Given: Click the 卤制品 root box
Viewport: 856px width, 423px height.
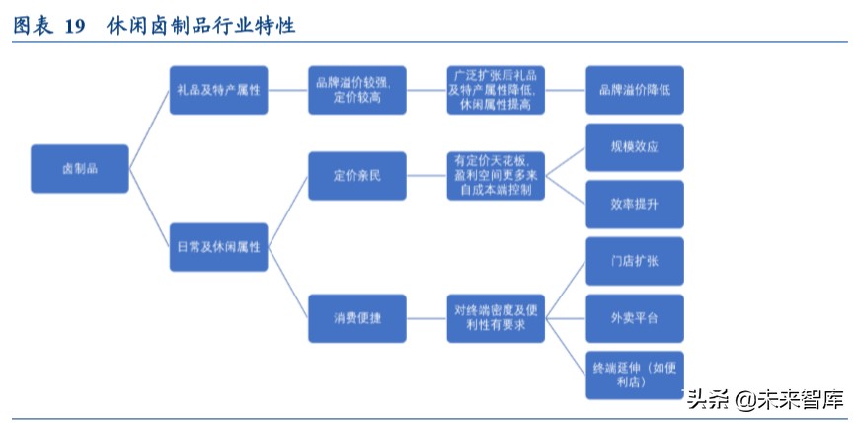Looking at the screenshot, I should [x=79, y=168].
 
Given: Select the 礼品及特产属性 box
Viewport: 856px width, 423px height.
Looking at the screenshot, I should [x=218, y=90].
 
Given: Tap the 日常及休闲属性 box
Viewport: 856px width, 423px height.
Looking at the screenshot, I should [x=218, y=246].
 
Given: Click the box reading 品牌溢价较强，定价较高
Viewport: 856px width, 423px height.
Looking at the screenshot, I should [x=356, y=90].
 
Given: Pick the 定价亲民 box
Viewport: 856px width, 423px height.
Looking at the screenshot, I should [x=356, y=176].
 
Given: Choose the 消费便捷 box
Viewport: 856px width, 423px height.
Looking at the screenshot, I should [x=356, y=318].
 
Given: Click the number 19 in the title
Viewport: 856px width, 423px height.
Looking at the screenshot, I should [x=77, y=27].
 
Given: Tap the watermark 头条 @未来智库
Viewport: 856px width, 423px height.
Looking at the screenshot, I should [x=764, y=399].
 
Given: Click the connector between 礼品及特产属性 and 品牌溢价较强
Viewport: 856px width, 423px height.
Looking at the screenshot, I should [x=287, y=90].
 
